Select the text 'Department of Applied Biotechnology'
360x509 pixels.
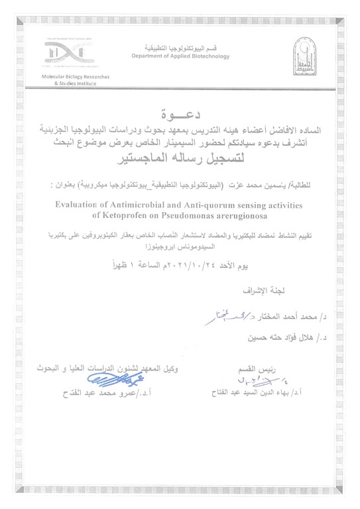tap(180, 56)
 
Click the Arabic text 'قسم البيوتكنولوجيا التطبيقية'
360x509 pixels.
tap(180, 48)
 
